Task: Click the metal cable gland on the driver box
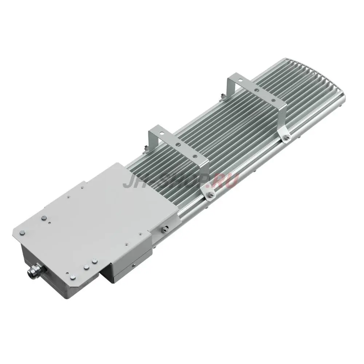tap(33, 271)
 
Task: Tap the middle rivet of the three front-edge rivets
tap(86, 267)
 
